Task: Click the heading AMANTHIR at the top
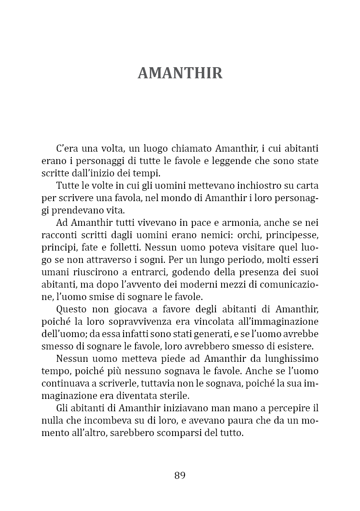[x=180, y=73]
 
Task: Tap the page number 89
[x=180, y=475]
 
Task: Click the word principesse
[x=295, y=235]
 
